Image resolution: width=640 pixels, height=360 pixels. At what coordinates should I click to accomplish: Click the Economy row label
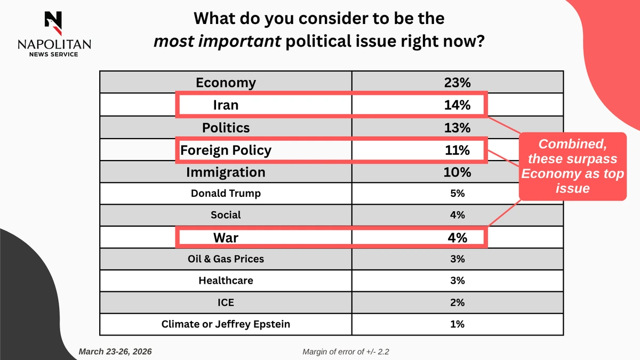click(x=226, y=83)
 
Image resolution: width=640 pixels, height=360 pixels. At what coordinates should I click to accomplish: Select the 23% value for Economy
click(x=457, y=83)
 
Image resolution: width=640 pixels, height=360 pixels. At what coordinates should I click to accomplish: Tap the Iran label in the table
click(x=226, y=105)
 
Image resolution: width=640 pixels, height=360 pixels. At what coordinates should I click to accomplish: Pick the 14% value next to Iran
click(x=457, y=105)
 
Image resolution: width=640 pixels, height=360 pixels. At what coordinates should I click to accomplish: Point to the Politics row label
click(x=226, y=128)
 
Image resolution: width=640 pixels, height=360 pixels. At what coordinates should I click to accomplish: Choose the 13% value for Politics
click(x=457, y=128)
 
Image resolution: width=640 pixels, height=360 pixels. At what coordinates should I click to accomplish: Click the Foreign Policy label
click(x=226, y=150)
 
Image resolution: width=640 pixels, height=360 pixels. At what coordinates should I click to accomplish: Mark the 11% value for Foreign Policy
click(x=457, y=150)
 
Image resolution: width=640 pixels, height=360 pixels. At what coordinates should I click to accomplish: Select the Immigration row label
click(x=226, y=173)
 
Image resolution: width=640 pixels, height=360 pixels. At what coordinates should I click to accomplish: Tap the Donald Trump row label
click(x=226, y=194)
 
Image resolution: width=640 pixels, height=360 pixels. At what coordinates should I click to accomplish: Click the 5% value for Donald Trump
click(x=457, y=194)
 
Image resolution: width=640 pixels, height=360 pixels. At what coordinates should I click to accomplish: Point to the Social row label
click(x=226, y=215)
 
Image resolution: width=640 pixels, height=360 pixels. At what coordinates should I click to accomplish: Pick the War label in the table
click(x=226, y=237)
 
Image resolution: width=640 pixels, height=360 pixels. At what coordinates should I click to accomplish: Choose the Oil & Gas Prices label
click(x=226, y=259)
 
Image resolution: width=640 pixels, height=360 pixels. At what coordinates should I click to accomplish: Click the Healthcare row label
click(x=226, y=281)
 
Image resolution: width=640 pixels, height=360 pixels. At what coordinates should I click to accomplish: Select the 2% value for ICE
click(x=457, y=302)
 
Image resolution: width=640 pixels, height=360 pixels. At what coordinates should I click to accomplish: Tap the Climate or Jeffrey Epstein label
click(x=226, y=324)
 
